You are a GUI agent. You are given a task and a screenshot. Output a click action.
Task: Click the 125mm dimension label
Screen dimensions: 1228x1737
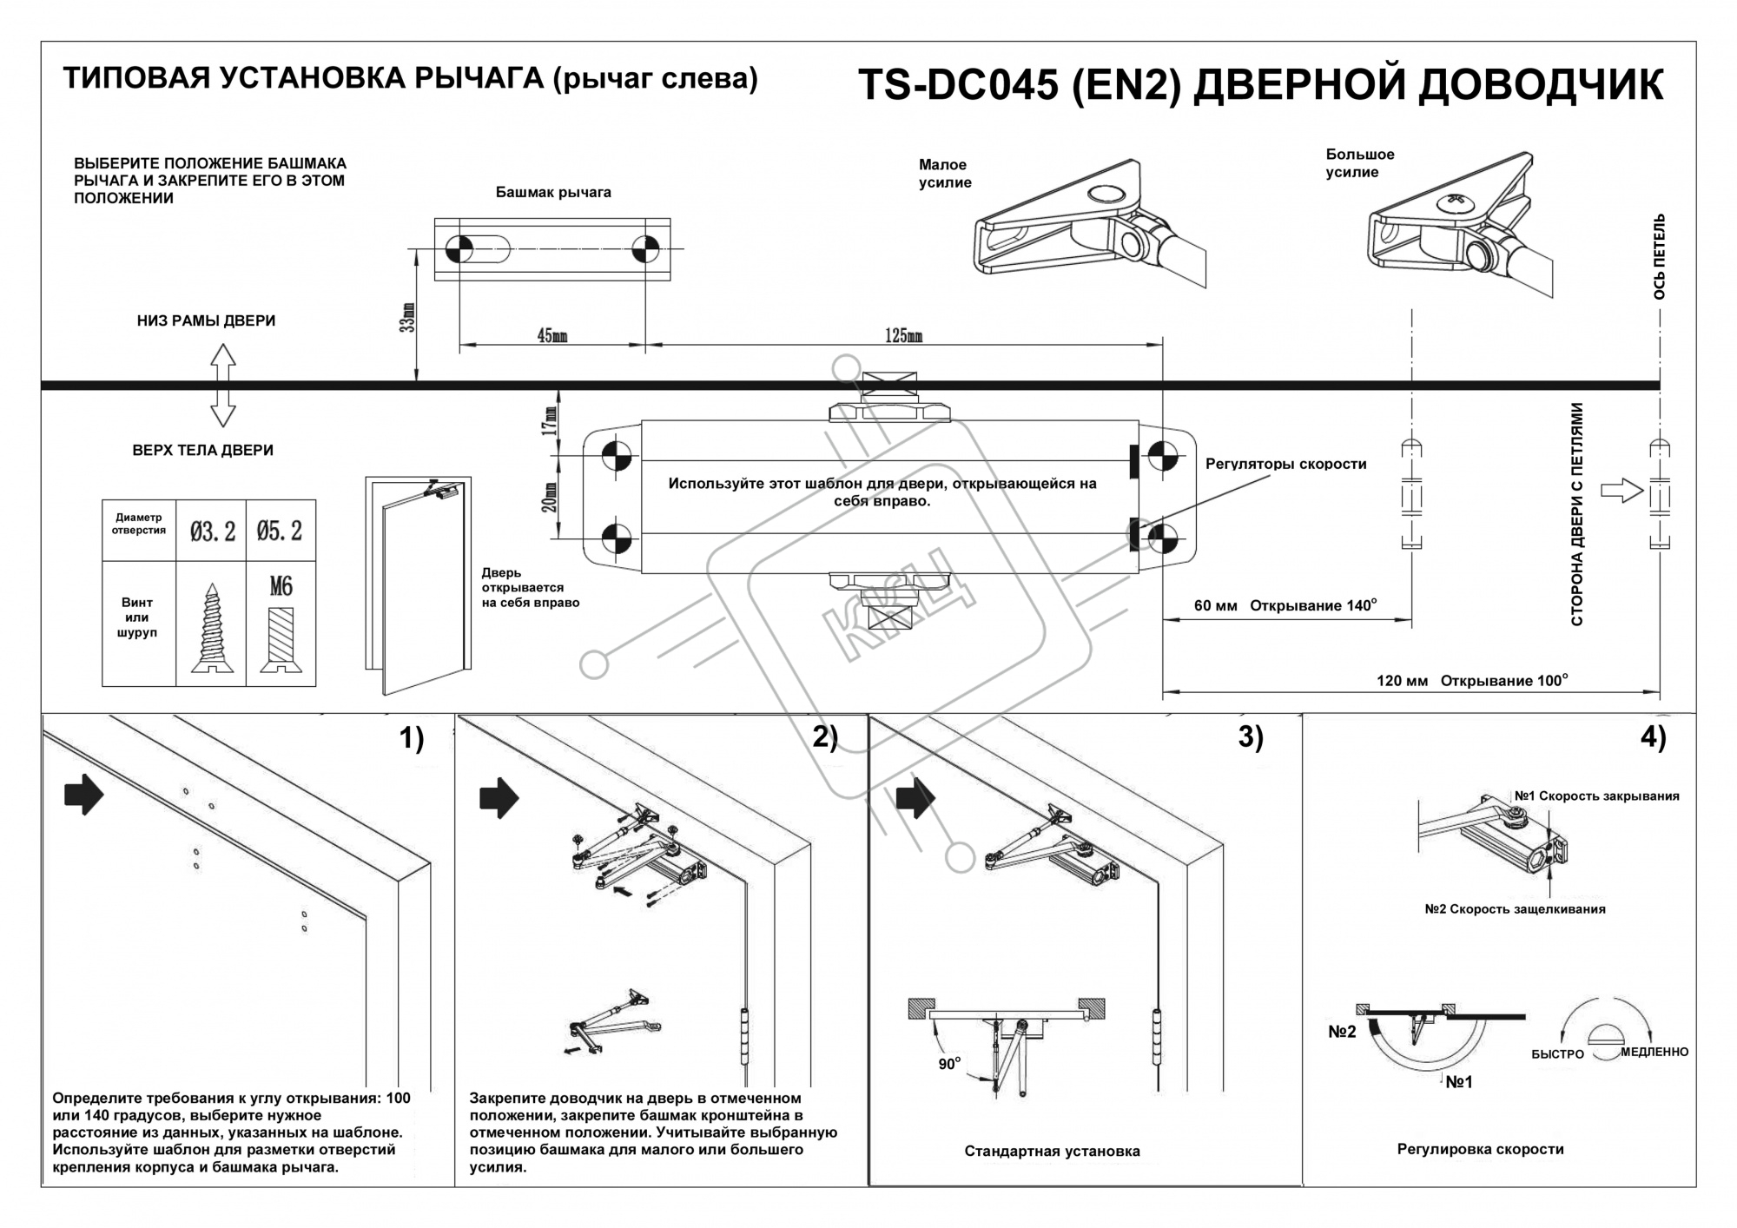(x=903, y=336)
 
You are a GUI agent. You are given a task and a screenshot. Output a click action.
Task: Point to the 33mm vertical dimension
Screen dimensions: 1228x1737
(x=409, y=317)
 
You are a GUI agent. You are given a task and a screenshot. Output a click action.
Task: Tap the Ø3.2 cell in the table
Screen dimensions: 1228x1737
(x=212, y=531)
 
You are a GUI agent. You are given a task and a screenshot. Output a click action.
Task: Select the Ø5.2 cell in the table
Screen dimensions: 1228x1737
(x=280, y=531)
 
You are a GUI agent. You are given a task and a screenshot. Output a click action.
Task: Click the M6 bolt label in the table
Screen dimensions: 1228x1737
(x=281, y=587)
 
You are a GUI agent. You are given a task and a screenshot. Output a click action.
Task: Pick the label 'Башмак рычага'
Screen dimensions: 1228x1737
(x=553, y=192)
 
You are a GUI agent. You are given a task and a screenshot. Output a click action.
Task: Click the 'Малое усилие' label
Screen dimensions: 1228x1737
(x=944, y=174)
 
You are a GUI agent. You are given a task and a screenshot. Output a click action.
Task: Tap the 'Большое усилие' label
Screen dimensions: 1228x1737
(x=1359, y=163)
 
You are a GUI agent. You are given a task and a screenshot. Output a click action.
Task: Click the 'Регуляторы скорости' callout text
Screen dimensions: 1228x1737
(x=1285, y=464)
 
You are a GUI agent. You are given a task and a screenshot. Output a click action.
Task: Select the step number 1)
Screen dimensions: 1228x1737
(x=411, y=738)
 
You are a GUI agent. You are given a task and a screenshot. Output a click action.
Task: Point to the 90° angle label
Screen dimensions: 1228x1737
(x=949, y=1064)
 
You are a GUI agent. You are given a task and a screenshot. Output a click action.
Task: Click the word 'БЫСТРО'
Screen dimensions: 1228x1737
(x=1557, y=1053)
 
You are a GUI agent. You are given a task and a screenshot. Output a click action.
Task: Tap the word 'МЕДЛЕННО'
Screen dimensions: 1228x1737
(x=1654, y=1052)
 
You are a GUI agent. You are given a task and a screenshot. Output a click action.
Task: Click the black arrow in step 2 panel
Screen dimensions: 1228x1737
(x=499, y=797)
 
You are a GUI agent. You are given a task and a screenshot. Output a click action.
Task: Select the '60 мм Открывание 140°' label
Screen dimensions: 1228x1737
(x=1285, y=605)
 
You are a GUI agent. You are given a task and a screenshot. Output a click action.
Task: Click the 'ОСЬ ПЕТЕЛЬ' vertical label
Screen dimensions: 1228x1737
(x=1659, y=257)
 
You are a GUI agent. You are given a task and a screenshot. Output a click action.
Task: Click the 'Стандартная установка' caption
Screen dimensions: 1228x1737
(x=1052, y=1152)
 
